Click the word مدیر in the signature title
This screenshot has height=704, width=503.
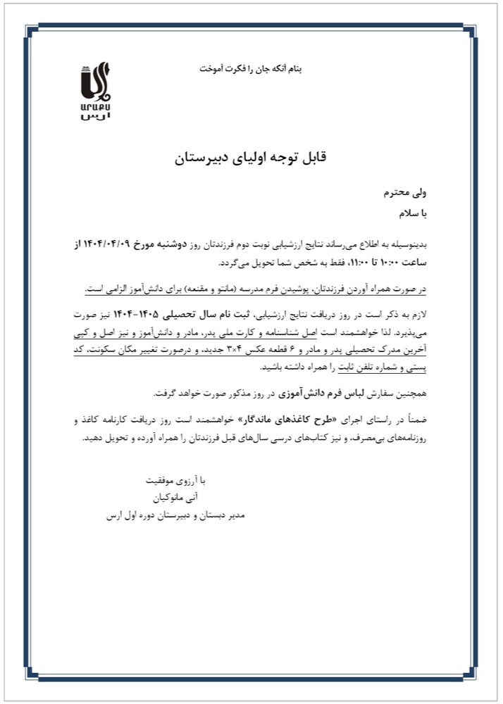click(x=232, y=516)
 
